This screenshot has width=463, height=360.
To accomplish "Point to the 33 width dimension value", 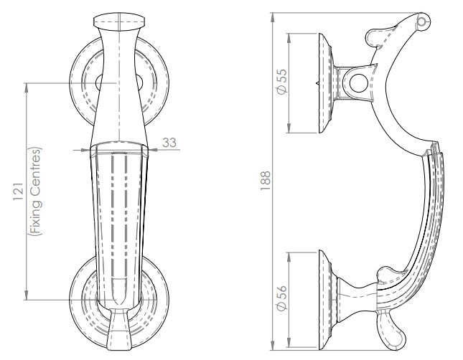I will [x=169, y=143].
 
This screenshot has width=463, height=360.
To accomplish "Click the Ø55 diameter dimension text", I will [x=282, y=83].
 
